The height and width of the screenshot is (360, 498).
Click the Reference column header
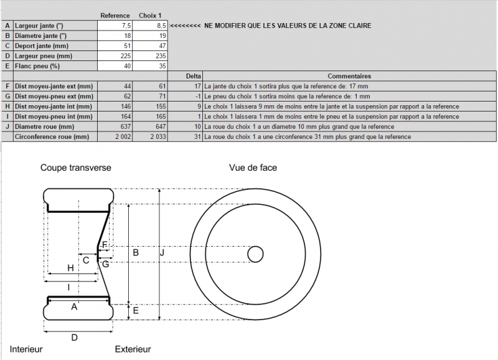pos(115,16)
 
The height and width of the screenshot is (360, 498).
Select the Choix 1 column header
pos(150,16)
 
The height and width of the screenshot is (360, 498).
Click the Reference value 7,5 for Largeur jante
pos(126,26)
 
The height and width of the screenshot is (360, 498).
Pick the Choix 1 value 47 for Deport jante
pos(162,45)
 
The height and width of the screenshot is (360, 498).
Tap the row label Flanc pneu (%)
pos(37,66)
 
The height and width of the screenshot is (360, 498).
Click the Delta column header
pos(194,76)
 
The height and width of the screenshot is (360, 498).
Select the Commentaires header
pos(349,76)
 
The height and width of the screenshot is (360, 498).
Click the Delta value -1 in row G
pos(198,97)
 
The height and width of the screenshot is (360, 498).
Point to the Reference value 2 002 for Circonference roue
pos(123,136)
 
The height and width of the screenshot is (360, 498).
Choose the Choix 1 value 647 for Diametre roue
pos(161,126)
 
